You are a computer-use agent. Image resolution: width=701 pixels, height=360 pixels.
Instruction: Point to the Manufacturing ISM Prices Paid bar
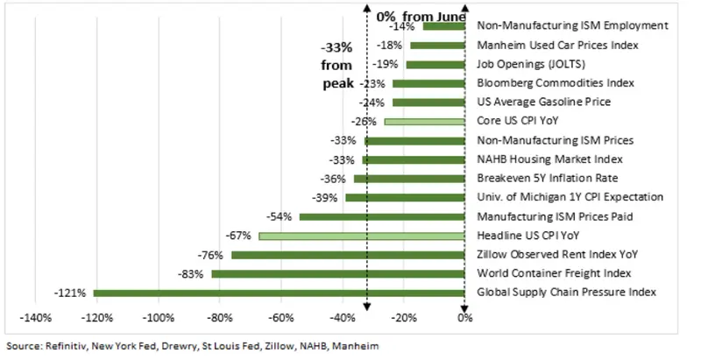(382, 216)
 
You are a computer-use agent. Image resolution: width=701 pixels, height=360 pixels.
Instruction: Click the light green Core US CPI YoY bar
(424, 121)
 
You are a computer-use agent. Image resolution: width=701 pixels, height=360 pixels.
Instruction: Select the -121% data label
(70, 293)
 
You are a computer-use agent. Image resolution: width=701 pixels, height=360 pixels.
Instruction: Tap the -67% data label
(237, 236)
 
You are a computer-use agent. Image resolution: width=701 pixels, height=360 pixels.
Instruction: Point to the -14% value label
(405, 26)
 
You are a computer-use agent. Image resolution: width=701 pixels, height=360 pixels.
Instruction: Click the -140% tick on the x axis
(33, 317)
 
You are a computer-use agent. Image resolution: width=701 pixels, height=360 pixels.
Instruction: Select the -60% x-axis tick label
(280, 317)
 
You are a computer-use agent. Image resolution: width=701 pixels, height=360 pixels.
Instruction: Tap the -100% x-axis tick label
(158, 317)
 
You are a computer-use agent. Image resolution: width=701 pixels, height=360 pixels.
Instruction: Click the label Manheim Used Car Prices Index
(557, 46)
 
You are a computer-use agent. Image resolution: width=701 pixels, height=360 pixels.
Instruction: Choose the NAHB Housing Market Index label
(549, 159)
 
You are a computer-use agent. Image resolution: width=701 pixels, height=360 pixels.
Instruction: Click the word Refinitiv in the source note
(62, 346)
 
